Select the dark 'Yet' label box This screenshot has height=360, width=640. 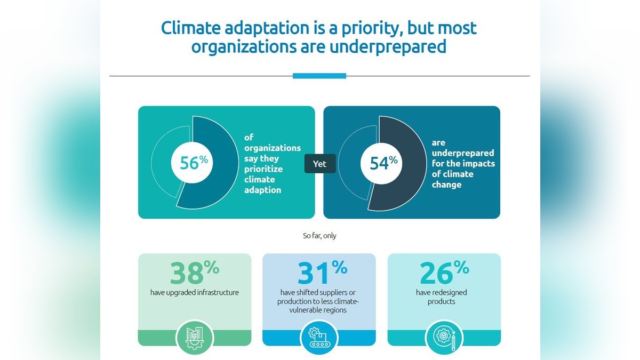pos(319,164)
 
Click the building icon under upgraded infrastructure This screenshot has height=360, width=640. pos(194,337)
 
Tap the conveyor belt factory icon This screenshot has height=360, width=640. pos(319,338)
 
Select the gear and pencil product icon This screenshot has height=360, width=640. pos(444,338)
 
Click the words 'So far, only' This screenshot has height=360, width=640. pos(319,236)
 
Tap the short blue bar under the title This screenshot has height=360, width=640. pos(319,76)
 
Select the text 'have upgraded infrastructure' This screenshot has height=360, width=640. pos(194,292)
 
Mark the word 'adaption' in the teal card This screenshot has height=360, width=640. pos(262,190)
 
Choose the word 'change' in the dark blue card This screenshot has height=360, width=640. pos(446,185)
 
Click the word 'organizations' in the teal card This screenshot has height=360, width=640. pos(272,148)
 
